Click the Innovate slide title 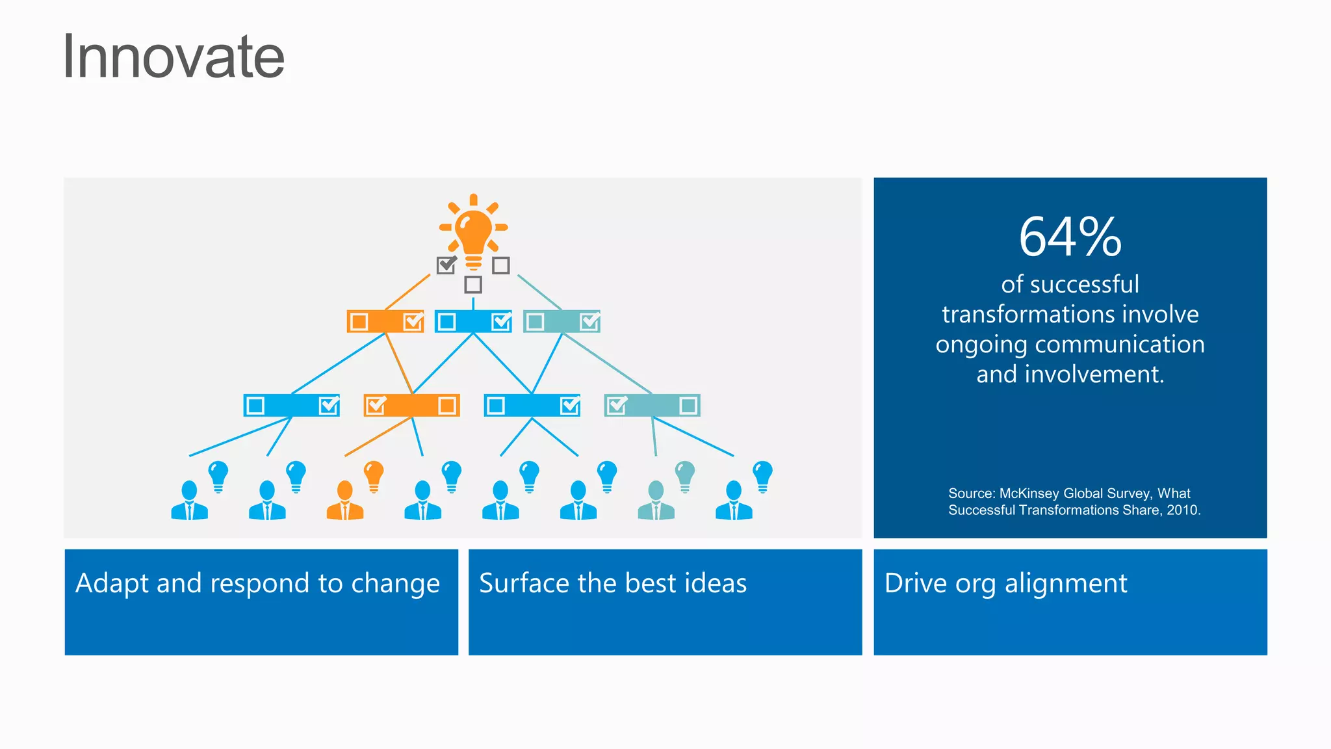pyautogui.click(x=174, y=57)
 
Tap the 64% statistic pyautogui.click(x=1070, y=237)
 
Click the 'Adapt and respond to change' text pyautogui.click(x=257, y=583)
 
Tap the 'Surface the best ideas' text pyautogui.click(x=613, y=583)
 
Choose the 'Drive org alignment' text pyautogui.click(x=1005, y=583)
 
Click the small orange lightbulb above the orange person pyautogui.click(x=374, y=476)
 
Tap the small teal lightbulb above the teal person pyautogui.click(x=685, y=476)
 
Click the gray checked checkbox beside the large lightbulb pyautogui.click(x=446, y=265)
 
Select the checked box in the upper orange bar pyautogui.click(x=413, y=321)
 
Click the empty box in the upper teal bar pyautogui.click(x=535, y=322)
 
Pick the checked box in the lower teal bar pyautogui.click(x=617, y=405)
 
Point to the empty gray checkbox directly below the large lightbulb pyautogui.click(x=473, y=285)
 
